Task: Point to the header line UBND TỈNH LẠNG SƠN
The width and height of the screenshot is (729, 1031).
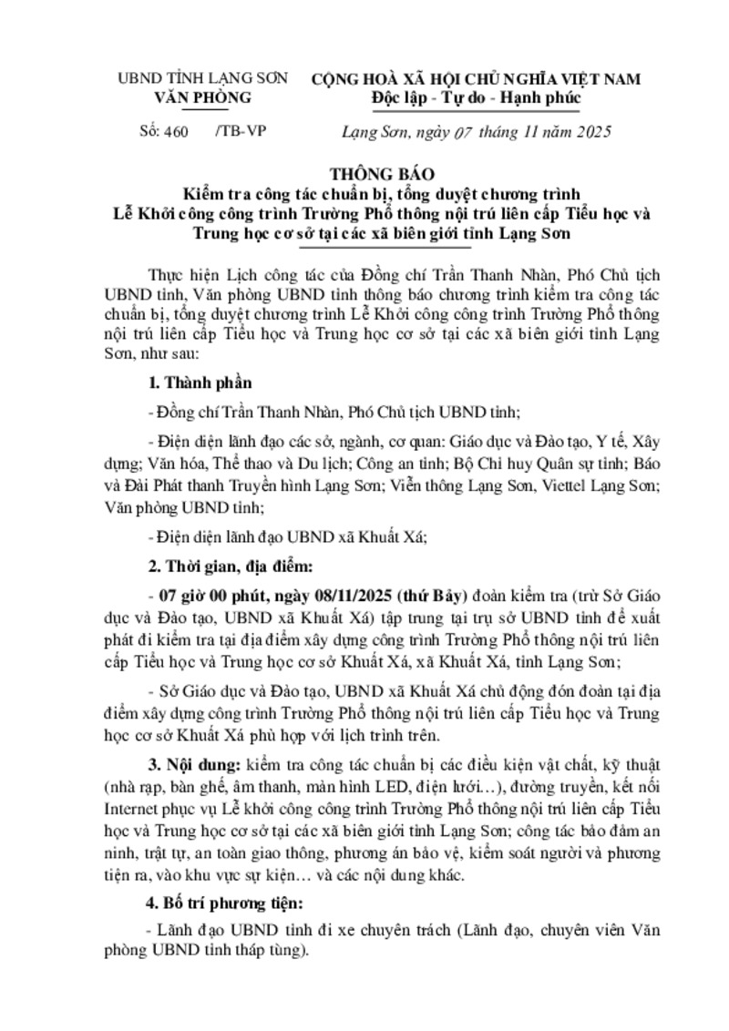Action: pos(202,79)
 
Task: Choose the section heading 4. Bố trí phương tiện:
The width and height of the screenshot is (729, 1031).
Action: pos(222,904)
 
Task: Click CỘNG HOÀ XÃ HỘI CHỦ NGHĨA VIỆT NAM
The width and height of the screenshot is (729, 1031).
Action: pos(476,79)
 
